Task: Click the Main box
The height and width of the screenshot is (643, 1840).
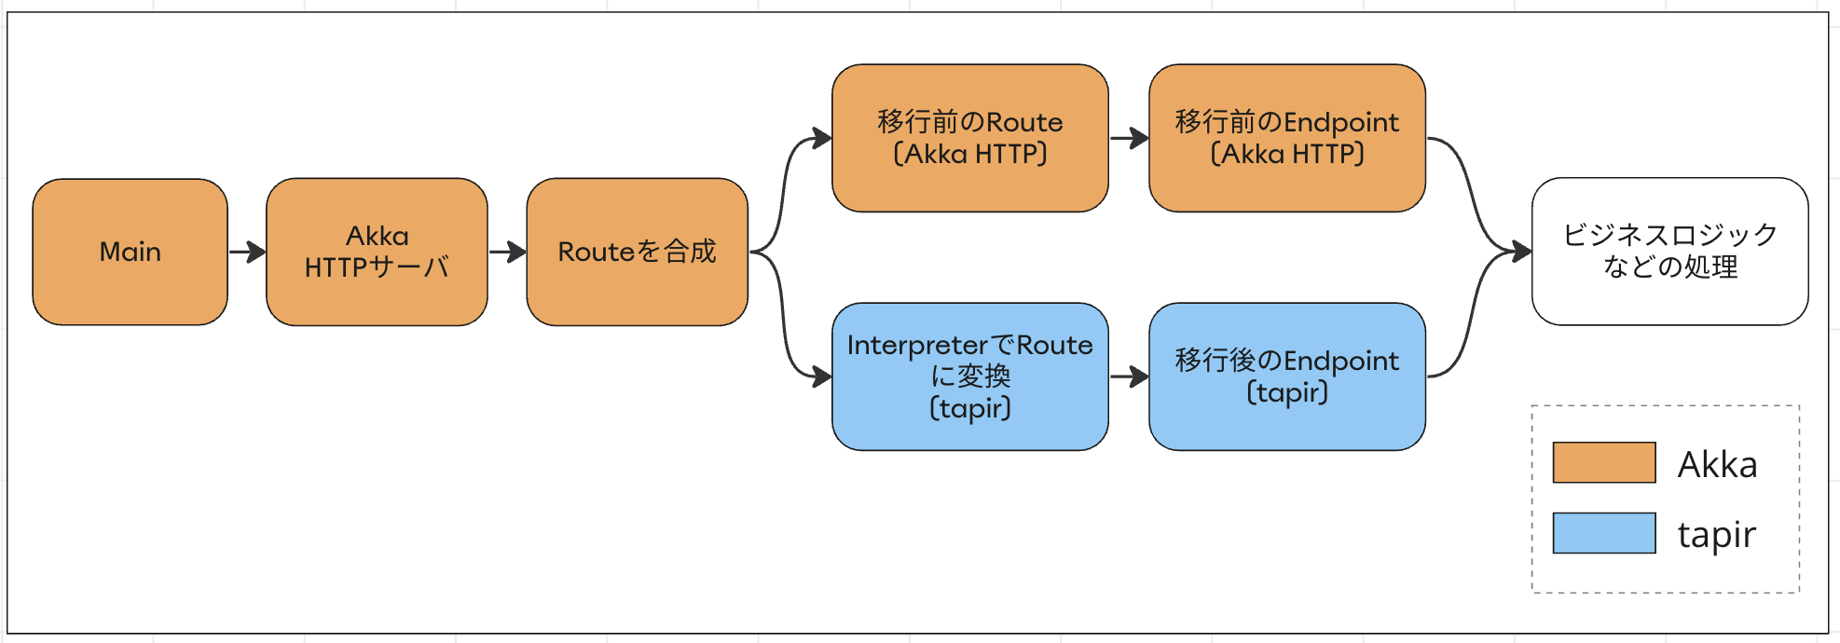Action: (130, 252)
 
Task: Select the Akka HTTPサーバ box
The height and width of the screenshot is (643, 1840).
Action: (377, 252)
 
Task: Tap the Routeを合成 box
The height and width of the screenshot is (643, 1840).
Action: (637, 252)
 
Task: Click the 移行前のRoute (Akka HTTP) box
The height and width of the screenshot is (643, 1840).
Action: (969, 138)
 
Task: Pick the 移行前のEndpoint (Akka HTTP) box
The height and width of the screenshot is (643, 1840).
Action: (1286, 138)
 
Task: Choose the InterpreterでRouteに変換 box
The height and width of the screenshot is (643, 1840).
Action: (969, 376)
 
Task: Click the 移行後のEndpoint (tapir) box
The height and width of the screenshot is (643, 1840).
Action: (1286, 376)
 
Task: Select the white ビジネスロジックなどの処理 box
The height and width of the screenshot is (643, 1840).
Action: (1669, 252)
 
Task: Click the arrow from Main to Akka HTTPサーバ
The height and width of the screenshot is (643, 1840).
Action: (247, 252)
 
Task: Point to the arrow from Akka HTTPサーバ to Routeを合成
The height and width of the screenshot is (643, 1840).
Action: (507, 252)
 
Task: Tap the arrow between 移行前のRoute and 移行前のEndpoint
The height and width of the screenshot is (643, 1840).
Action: (1129, 138)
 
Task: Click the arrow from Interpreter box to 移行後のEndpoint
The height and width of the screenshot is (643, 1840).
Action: (1129, 376)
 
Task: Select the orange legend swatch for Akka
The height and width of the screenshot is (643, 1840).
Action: (1603, 462)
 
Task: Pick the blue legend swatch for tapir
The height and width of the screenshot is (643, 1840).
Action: (1603, 533)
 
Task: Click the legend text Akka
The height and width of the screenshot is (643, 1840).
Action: (1717, 464)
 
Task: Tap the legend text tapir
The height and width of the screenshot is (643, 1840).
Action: (1716, 535)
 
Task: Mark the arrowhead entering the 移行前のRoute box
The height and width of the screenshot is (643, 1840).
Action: (822, 138)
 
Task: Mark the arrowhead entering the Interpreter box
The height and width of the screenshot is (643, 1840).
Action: (822, 376)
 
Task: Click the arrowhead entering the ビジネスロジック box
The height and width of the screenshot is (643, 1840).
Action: (1522, 251)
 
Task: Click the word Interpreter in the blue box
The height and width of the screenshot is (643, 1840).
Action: (917, 346)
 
